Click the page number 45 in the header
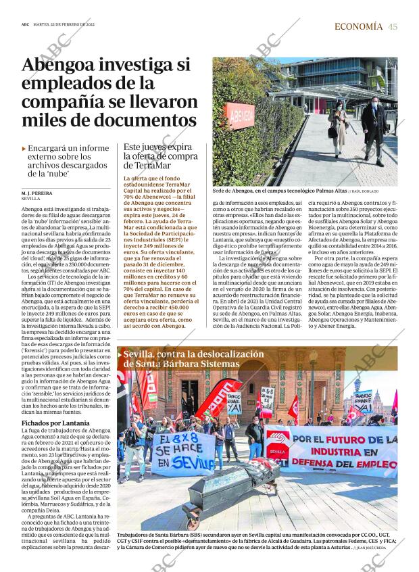[393, 26]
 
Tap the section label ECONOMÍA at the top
[359, 26]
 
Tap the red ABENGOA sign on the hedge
[240, 115]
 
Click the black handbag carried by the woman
[331, 135]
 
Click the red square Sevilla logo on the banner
[278, 450]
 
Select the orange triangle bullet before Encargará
[24, 148]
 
